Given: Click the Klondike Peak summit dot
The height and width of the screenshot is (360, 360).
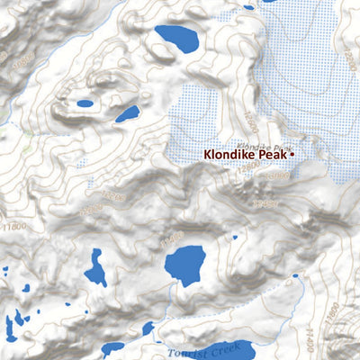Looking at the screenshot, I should point(292,154).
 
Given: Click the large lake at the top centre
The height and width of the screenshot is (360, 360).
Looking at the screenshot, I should point(176,39).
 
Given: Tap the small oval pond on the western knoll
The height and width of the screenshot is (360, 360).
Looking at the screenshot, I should point(85,103).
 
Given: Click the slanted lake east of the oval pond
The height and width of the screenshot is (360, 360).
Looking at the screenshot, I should point(128,114).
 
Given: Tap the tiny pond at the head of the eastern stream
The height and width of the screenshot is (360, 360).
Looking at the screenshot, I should point(297,281).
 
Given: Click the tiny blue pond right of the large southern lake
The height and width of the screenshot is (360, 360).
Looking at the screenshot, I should point(235,238).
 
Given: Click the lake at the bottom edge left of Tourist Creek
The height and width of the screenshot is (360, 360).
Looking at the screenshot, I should point(113,347).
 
